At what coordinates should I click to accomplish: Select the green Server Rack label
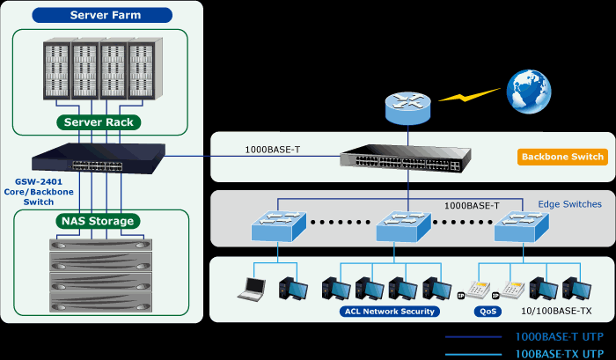point(99,122)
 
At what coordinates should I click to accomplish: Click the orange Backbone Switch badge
point(562,158)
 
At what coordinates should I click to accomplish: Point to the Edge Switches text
point(569,204)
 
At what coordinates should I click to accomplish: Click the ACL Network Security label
point(388,311)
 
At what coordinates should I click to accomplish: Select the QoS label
point(488,311)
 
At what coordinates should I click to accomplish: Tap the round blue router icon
point(407,109)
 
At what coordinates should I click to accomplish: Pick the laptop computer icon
point(254,287)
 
